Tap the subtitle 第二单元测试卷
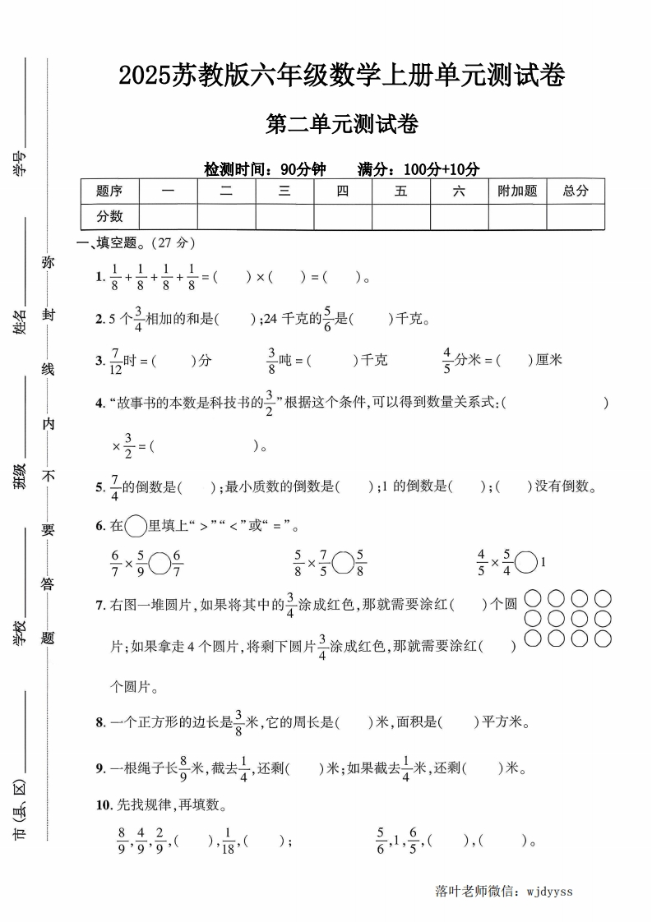342,125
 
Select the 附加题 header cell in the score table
517,191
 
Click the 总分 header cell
576,191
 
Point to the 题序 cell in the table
109,191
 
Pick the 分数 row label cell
109,216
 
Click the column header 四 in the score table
343,191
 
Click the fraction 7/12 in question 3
115,360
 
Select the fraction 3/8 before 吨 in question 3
271,360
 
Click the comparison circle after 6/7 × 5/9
160,563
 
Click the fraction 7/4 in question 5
115,486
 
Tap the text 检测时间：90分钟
266,169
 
